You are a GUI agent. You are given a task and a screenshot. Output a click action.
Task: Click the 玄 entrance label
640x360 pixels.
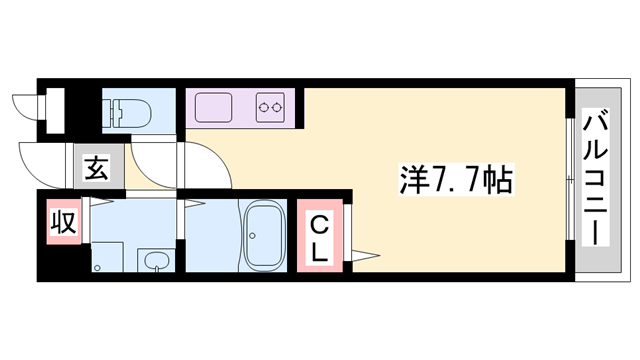(x=95, y=168)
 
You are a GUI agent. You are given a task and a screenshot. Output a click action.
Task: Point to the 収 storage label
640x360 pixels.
(x=62, y=221)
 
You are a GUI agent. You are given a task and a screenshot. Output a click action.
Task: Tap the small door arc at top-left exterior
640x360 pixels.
(x=20, y=104)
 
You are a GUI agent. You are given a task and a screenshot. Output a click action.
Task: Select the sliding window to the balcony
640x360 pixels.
(x=571, y=180)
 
